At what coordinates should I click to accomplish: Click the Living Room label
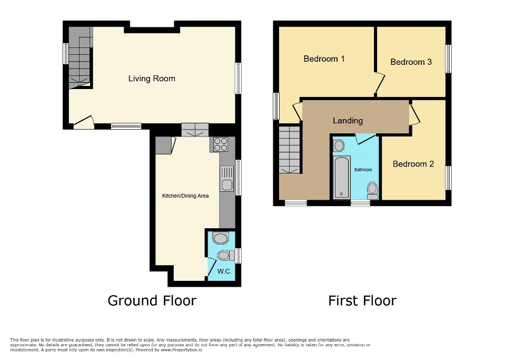click(152, 79)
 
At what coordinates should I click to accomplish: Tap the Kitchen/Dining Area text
click(185, 196)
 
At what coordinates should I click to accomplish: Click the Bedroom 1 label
click(324, 59)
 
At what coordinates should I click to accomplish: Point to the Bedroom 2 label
click(413, 164)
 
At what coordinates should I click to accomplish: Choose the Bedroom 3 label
click(411, 62)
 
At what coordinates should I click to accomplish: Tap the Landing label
click(348, 121)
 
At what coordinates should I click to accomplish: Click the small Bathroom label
click(363, 170)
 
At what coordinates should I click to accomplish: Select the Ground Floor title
click(152, 300)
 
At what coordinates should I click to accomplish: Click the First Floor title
click(362, 300)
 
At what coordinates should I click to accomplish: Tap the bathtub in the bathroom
click(342, 178)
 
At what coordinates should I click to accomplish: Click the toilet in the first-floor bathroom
click(372, 190)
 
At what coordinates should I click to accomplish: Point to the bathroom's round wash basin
click(339, 145)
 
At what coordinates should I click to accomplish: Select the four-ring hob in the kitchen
click(220, 144)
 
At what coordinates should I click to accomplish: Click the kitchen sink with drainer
click(227, 179)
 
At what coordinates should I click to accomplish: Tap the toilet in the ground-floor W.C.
click(225, 256)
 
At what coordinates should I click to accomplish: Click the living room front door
click(84, 123)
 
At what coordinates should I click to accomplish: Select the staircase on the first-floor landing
click(289, 150)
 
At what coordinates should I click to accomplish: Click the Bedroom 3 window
click(448, 59)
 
